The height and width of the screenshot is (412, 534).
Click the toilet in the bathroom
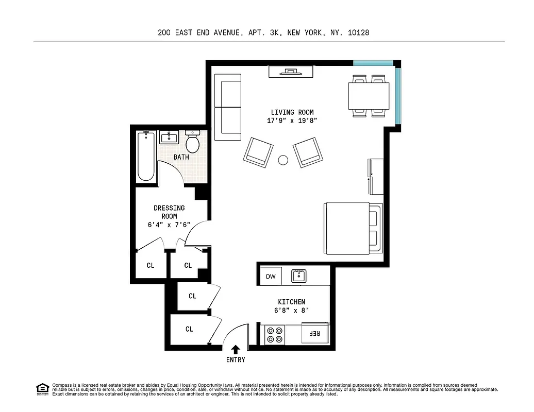(193, 141)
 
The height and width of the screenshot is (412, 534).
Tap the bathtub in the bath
(146, 157)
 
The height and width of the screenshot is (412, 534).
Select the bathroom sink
(169, 138)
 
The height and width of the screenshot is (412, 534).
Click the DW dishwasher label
(271, 277)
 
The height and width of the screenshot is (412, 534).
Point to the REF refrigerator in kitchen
(314, 334)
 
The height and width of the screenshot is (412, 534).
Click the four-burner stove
(275, 335)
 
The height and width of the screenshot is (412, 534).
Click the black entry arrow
(236, 350)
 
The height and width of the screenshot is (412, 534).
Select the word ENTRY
(236, 359)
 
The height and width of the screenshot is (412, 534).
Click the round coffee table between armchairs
(282, 160)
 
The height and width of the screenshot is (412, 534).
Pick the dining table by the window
(369, 96)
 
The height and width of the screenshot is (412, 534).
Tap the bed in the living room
(353, 228)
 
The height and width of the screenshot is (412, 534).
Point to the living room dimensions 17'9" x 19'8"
(292, 121)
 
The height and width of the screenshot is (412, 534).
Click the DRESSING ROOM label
(169, 212)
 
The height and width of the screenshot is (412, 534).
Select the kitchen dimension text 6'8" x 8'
(291, 311)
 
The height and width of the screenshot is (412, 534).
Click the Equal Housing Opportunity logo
(42, 389)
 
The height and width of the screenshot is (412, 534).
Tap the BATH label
(181, 157)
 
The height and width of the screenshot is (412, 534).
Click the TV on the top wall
(291, 72)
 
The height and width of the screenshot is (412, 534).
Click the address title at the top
(263, 32)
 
